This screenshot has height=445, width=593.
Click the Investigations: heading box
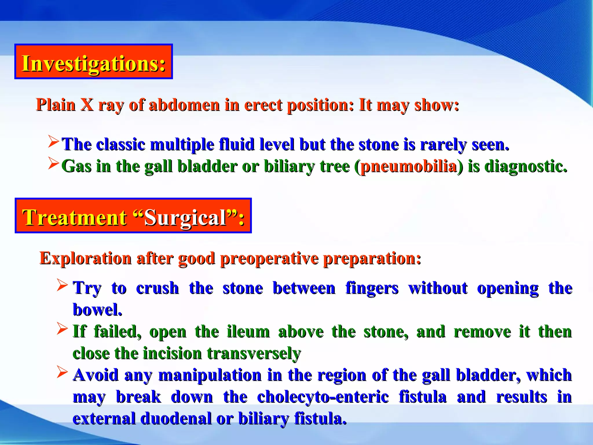pyautogui.click(x=94, y=62)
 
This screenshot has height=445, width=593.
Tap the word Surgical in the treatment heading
pyautogui.click(x=185, y=218)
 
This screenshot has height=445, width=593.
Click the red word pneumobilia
pyautogui.click(x=409, y=167)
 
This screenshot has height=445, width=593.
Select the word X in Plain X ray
pyautogui.click(x=87, y=105)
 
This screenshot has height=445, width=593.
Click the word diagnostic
pyautogui.click(x=526, y=167)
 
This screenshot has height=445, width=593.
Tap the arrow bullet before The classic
pyautogui.click(x=54, y=141)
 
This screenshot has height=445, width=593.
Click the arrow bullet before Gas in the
pyautogui.click(x=54, y=163)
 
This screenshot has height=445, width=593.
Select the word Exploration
pyautogui.click(x=85, y=258)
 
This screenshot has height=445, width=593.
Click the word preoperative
pyautogui.click(x=269, y=258)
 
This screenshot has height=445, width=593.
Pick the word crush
pyautogui.click(x=157, y=288)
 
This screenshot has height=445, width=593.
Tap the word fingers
pyautogui.click(x=372, y=288)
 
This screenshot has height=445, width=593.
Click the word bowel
pyautogui.click(x=97, y=310)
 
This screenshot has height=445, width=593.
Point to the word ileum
pyautogui.click(x=248, y=331)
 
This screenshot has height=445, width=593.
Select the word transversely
pyautogui.click(x=254, y=353)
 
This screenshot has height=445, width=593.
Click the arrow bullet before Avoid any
pyautogui.click(x=62, y=372)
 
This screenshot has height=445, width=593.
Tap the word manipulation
pyautogui.click(x=210, y=375)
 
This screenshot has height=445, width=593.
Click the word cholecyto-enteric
pyautogui.click(x=323, y=397)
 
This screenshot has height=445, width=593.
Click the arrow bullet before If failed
pyautogui.click(x=62, y=329)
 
